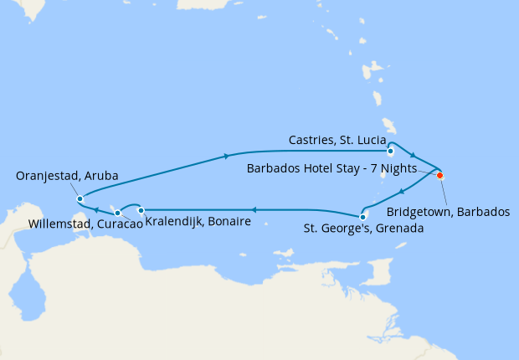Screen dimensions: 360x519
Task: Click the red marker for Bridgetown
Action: [x=440, y=176]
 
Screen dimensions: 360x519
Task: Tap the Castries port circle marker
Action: [x=391, y=152]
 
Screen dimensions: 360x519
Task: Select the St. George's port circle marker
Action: [x=362, y=217]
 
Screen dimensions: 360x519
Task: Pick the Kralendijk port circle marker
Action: [x=141, y=210]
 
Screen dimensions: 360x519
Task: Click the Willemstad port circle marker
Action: [x=117, y=213]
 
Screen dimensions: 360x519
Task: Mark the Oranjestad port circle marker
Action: [x=80, y=199]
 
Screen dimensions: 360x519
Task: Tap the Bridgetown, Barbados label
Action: [x=449, y=212]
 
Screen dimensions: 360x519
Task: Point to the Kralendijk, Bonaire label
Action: [x=198, y=222]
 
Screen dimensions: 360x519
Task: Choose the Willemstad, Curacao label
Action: [x=84, y=224]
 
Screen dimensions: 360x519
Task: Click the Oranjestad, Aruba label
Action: [x=67, y=176]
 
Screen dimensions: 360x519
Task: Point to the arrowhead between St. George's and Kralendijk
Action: [x=254, y=210]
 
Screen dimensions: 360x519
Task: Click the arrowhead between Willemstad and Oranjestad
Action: [x=97, y=210]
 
